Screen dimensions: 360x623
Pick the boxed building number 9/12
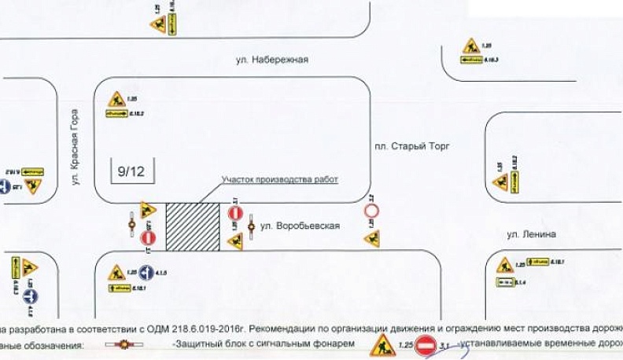click(x=132, y=169)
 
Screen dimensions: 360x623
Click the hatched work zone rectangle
click(x=192, y=227)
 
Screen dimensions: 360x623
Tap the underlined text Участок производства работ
click(x=279, y=179)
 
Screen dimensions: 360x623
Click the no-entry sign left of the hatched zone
click(x=148, y=238)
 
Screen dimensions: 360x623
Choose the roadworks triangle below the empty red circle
click(x=373, y=237)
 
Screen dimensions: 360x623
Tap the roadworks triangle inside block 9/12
click(x=116, y=100)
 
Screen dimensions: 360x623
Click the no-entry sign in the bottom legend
click(x=426, y=345)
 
